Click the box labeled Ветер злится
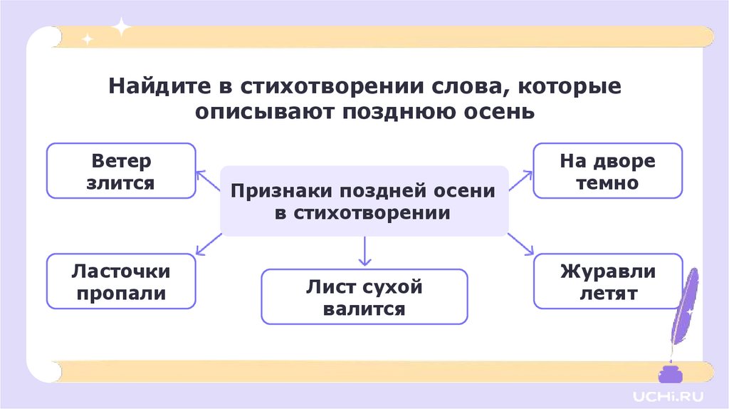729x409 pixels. pos(120,170)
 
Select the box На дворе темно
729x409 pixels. pos(607,170)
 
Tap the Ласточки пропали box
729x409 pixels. pos(120,281)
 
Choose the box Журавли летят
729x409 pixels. pos(607,281)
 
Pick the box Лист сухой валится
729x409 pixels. pos(364,296)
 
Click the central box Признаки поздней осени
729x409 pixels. pos(364,201)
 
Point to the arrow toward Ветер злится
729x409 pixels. pos(208,181)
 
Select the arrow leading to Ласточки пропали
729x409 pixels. pos(208,244)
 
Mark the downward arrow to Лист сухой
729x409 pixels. pos(364,252)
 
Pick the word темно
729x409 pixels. pos(607,182)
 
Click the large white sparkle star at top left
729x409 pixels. pos(122,27)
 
